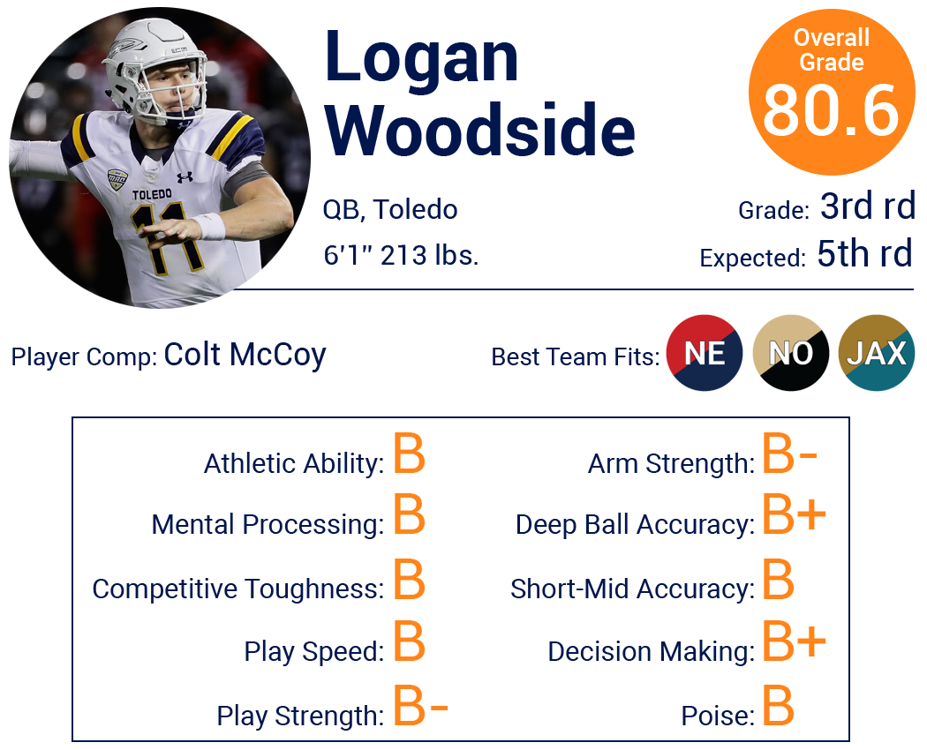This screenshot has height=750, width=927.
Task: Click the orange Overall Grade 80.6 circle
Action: coord(832,92)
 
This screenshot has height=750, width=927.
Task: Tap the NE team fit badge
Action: coord(705,353)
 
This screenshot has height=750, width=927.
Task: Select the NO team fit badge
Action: coord(790,353)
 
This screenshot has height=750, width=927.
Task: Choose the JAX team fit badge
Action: coord(876,353)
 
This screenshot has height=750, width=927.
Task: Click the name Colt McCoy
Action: coord(245,356)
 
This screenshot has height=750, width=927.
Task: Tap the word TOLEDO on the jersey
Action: coord(152,194)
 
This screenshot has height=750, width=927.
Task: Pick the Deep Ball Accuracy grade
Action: coord(794,514)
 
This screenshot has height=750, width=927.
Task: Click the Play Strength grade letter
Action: coord(420,705)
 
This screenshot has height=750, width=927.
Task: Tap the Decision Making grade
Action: coord(794,641)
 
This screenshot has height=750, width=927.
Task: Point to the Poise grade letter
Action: coord(778,705)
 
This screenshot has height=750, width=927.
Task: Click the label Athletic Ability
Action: coord(294,464)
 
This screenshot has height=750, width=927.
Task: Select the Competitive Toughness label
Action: coord(238,589)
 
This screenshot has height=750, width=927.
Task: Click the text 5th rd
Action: coord(865,253)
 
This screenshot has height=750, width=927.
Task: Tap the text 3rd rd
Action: coord(868,206)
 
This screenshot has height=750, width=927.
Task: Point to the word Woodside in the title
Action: coord(480,130)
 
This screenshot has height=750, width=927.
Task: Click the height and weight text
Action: coord(401,255)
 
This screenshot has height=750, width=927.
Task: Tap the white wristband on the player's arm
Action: coord(209,226)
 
